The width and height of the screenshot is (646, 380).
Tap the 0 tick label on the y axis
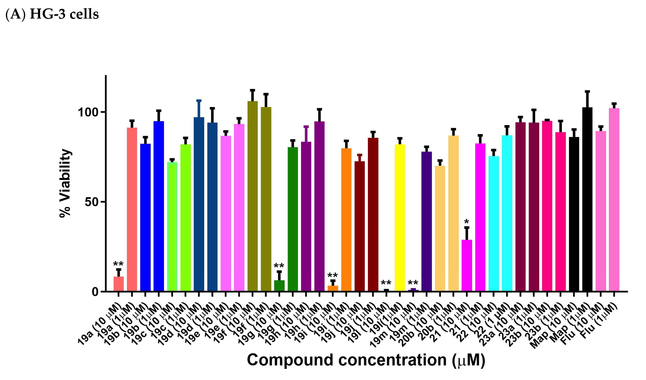(x=95, y=292)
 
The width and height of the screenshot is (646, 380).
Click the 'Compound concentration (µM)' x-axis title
(x=366, y=360)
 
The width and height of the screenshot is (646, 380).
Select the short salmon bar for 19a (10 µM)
(x=119, y=284)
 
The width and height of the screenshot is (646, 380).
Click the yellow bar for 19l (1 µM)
(x=400, y=218)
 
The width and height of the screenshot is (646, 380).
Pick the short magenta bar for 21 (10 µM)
(x=467, y=266)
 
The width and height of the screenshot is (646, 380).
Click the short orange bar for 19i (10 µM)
(x=333, y=289)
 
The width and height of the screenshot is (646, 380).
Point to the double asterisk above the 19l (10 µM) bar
(x=386, y=283)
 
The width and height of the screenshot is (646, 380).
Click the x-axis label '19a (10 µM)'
(x=100, y=325)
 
